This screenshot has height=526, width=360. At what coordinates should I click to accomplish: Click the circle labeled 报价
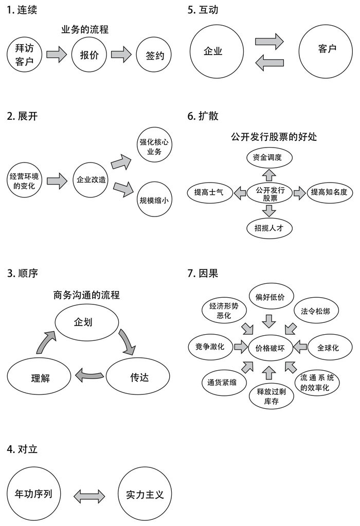point(89,55)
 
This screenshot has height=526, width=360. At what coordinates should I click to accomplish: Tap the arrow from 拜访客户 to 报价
point(57,54)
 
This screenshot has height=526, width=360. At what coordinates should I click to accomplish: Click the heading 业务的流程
point(85,29)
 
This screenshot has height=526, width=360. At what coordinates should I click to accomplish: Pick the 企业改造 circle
point(91,180)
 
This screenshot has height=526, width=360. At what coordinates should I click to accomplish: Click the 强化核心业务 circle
point(154,147)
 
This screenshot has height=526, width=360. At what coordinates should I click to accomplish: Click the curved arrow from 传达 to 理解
point(89,375)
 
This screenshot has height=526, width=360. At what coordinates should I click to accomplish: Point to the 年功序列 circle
point(33,494)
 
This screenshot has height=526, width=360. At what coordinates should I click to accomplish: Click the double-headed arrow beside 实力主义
point(89,496)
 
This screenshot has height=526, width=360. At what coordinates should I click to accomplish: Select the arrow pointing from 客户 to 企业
point(269,63)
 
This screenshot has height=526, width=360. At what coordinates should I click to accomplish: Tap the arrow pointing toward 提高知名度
point(300,193)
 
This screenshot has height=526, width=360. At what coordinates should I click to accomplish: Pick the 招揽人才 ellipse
point(269,228)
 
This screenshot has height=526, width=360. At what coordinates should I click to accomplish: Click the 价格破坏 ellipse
point(270,348)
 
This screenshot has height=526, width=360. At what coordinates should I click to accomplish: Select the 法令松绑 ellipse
point(316,311)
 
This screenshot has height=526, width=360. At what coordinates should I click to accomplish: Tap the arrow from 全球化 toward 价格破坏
point(301,347)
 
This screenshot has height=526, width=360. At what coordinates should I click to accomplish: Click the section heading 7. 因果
point(203,274)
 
